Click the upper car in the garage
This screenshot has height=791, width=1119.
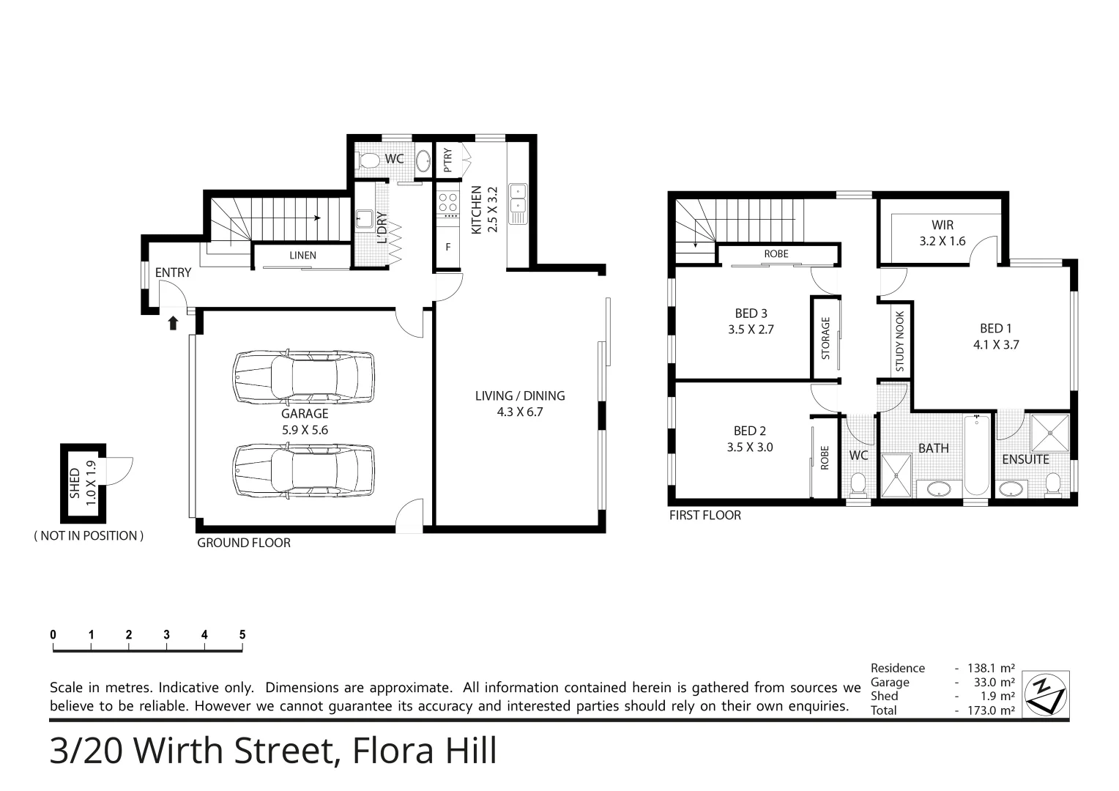tap(304, 377)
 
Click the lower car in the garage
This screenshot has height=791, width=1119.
tap(304, 472)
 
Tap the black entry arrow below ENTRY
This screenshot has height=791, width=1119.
tap(173, 323)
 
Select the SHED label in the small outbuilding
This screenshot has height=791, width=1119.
tap(75, 483)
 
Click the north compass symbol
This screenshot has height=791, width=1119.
tap(1045, 693)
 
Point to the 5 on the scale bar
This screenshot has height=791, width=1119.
tap(242, 635)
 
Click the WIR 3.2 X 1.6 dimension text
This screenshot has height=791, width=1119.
tap(943, 240)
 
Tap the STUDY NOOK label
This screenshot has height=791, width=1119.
tap(900, 341)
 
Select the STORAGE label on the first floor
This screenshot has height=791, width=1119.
tap(825, 338)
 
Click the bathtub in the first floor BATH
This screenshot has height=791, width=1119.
tap(976, 454)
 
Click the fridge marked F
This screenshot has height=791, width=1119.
tap(447, 248)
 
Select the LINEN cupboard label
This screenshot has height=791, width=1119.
tap(302, 256)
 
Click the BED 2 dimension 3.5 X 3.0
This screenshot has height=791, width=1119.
tap(750, 447)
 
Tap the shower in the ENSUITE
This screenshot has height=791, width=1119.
tap(1050, 432)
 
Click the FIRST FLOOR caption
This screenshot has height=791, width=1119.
tap(705, 516)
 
